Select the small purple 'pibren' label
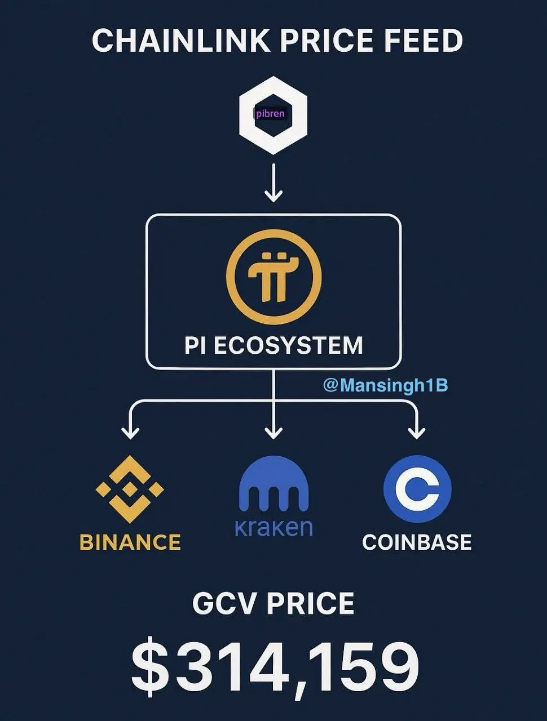271,114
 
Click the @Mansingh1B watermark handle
385,385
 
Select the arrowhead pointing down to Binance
130,433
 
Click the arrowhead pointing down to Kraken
273,433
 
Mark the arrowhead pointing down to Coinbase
416,433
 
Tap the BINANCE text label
130,542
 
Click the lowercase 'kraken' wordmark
273,528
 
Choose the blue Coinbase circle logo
417,488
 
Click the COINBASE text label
417,542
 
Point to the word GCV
224,604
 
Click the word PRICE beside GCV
310,604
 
